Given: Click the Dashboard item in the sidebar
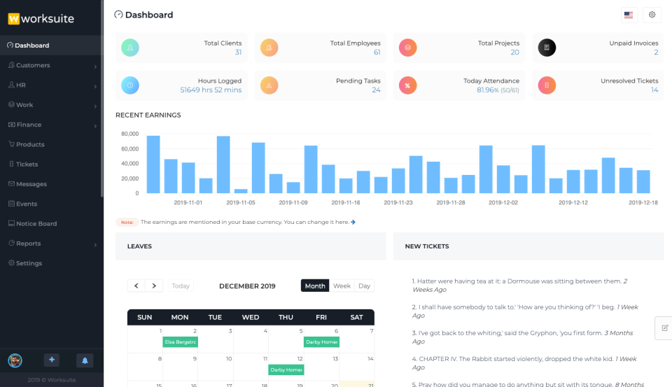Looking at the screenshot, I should [31, 45].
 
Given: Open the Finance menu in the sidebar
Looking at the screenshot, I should [29, 125].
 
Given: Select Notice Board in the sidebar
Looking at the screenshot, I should [36, 224].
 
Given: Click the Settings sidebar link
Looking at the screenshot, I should [29, 263].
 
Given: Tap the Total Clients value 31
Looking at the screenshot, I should [238, 52].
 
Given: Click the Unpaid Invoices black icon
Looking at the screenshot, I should [547, 48].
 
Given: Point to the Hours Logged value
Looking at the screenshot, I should [211, 90].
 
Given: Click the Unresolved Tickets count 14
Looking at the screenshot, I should [654, 90].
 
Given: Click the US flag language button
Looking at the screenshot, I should [629, 15].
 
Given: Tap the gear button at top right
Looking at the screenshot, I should [652, 15].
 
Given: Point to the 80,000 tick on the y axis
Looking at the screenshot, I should [129, 134].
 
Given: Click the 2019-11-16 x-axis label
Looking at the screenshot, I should [346, 202].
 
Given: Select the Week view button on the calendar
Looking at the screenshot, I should [342, 286].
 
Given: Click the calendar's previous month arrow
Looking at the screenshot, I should [136, 286].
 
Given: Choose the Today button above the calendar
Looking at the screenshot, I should [181, 286].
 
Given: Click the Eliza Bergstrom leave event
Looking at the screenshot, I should [180, 342].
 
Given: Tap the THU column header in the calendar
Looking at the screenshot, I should [286, 317].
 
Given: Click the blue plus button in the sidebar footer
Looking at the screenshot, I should [52, 360].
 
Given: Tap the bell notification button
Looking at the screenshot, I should [85, 360].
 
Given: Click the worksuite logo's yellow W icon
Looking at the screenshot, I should [13, 19].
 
